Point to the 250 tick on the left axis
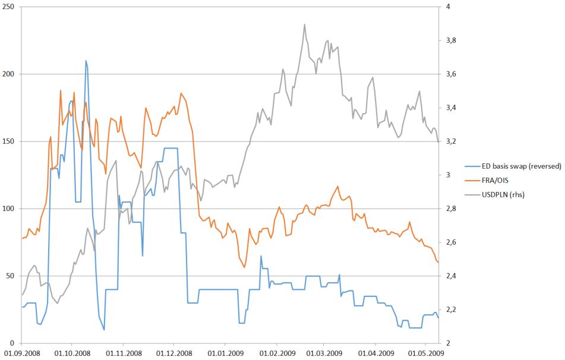click(x=9, y=7)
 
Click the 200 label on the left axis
click(x=9, y=74)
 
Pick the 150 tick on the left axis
click(x=9, y=141)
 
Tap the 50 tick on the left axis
click(x=11, y=276)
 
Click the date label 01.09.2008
click(x=21, y=353)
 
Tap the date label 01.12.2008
click(x=174, y=353)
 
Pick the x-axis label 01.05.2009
click(x=425, y=353)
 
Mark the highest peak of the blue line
click(x=86, y=61)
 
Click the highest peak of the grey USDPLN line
click(x=305, y=24)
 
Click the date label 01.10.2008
click(x=72, y=353)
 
